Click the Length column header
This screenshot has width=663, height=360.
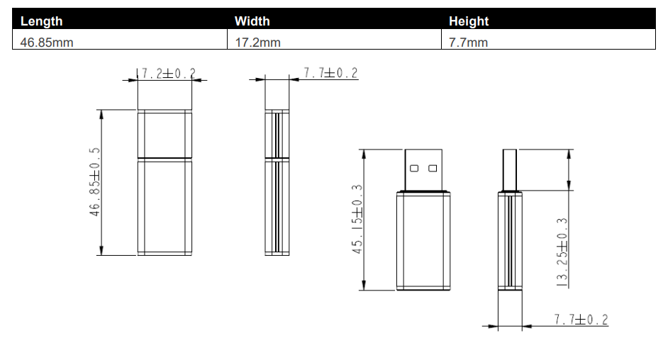(x=41, y=21)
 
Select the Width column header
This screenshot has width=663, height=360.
(x=252, y=21)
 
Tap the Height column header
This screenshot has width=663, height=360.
(x=469, y=21)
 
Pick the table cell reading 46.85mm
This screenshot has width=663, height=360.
(x=47, y=43)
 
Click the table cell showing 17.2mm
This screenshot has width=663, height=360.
(x=257, y=43)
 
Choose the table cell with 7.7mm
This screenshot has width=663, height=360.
(x=468, y=43)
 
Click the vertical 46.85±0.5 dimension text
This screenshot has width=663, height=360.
(x=95, y=182)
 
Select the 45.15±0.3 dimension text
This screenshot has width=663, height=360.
(x=357, y=219)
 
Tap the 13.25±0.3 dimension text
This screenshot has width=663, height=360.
(x=563, y=251)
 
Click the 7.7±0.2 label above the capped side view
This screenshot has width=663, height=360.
(x=330, y=73)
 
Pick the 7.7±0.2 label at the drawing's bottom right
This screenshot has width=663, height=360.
(x=581, y=320)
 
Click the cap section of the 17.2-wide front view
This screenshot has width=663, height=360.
(x=165, y=133)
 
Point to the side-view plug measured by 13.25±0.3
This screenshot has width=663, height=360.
(x=510, y=170)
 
